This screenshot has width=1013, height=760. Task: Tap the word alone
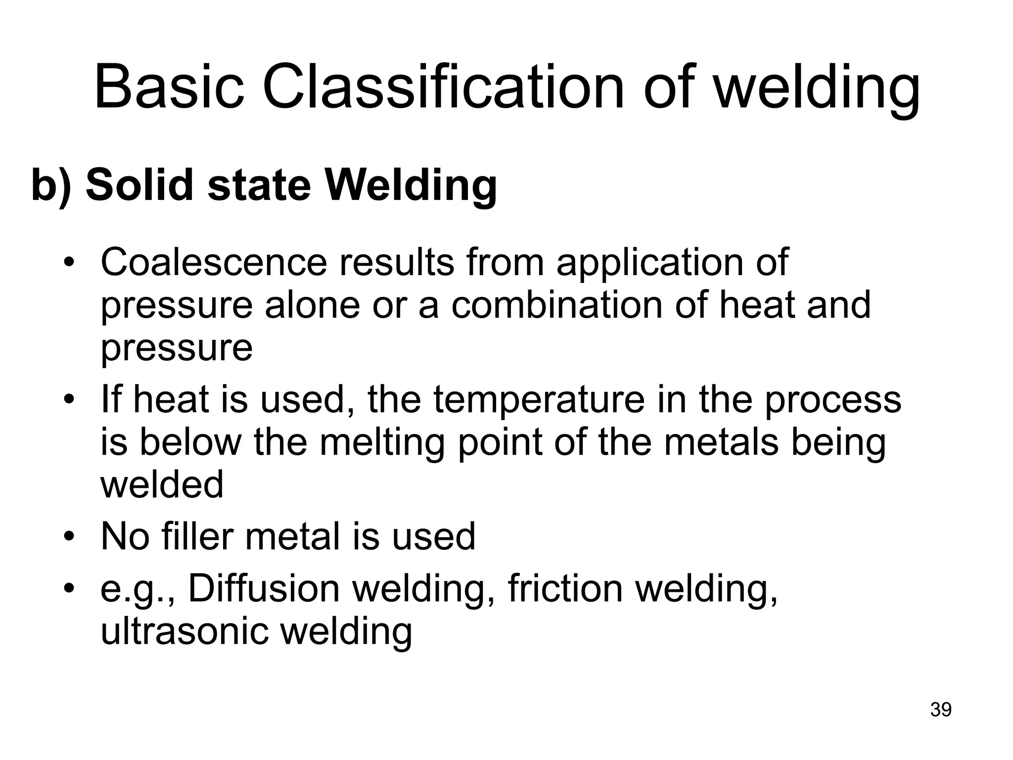(313, 305)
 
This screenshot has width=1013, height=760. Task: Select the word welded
(162, 485)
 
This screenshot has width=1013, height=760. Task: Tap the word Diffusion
(264, 589)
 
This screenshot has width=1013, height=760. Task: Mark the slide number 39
(941, 710)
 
